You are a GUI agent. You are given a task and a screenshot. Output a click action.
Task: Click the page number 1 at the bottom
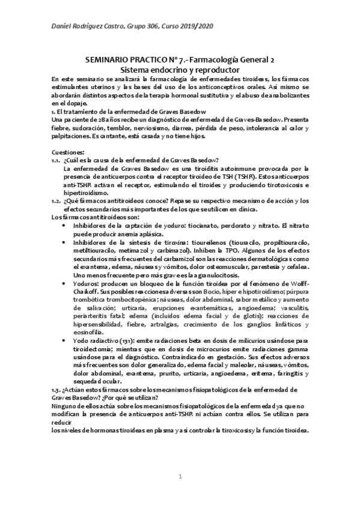(180, 477)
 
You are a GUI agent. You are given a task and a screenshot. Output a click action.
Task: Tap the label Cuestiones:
(67, 152)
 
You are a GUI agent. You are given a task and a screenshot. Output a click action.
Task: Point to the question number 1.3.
(57, 373)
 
